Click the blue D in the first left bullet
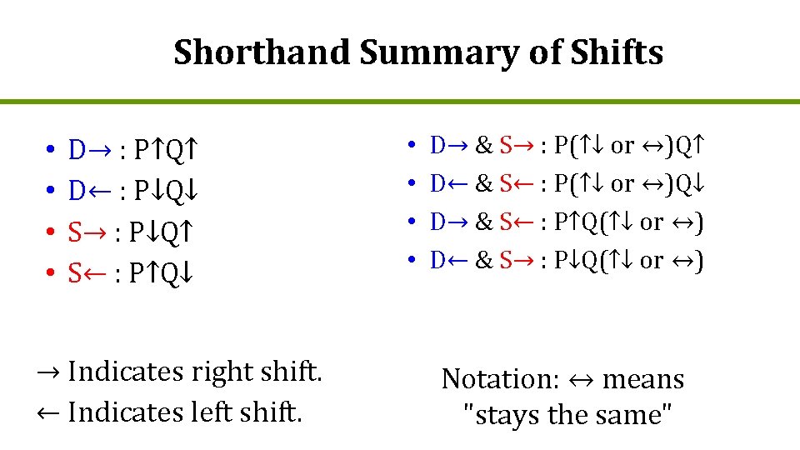[77, 151]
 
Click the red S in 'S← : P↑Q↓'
[75, 272]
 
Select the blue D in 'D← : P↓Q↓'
[77, 191]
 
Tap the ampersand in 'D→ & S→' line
[482, 146]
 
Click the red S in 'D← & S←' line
[506, 183]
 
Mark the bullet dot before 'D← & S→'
[413, 262]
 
